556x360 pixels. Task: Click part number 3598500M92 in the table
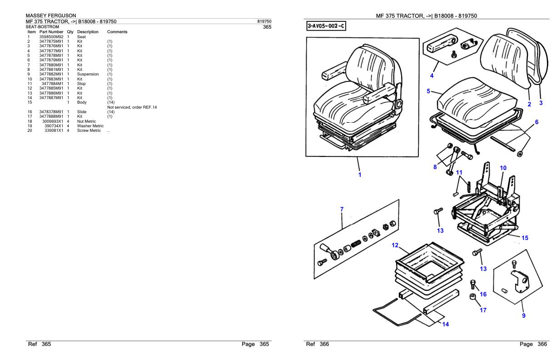51,37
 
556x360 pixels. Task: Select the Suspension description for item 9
88,74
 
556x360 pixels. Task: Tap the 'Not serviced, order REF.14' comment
132,107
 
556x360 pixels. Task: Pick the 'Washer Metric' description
90,126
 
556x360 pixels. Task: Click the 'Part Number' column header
51,32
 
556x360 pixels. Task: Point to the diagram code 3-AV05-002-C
326,26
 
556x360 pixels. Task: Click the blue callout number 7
342,210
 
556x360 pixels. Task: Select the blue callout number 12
395,245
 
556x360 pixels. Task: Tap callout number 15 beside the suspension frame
525,238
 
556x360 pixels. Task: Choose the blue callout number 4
432,76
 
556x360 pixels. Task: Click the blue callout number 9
524,316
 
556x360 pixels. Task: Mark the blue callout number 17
483,310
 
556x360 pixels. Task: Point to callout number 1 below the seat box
360,175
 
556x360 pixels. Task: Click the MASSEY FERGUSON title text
51,15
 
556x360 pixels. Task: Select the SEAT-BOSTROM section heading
42,27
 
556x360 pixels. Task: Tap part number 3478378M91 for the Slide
51,112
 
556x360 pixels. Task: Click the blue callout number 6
536,122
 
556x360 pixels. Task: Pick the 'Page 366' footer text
533,344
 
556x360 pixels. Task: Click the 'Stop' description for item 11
81,84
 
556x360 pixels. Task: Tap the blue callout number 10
503,168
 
